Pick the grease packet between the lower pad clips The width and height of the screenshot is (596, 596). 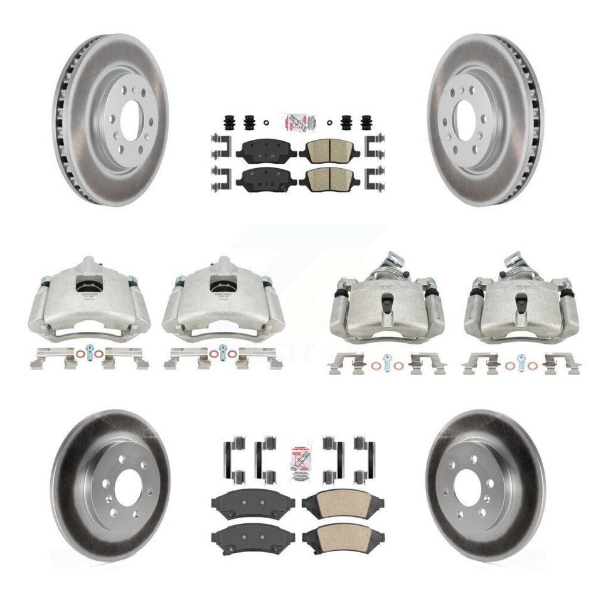[298, 460]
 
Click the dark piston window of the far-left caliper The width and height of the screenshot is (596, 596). [88, 285]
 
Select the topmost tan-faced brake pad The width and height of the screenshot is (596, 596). [326, 151]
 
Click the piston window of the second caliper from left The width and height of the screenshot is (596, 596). [223, 285]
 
